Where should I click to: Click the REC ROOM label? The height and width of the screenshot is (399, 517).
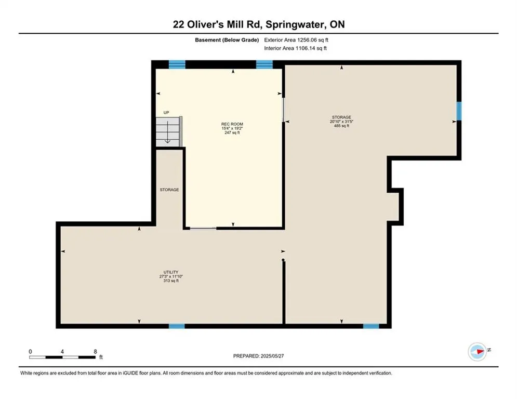pyautogui.click(x=232, y=124)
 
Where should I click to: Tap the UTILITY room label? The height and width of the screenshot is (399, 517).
pyautogui.click(x=171, y=272)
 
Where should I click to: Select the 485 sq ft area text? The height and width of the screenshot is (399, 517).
pyautogui.click(x=341, y=126)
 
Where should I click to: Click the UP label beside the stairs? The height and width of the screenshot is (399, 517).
pyautogui.click(x=166, y=112)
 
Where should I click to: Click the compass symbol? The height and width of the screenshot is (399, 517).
pyautogui.click(x=478, y=352)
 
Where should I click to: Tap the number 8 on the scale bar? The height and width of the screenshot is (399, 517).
pyautogui.click(x=95, y=352)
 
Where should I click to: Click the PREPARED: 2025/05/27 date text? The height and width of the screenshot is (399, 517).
pyautogui.click(x=259, y=356)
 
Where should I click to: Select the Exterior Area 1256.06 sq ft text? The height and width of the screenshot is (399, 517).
pyautogui.click(x=296, y=40)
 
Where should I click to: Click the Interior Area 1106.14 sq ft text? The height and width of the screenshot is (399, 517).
pyautogui.click(x=296, y=48)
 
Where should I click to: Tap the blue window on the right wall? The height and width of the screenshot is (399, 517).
pyautogui.click(x=459, y=111)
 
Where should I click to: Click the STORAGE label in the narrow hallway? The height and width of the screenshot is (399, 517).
pyautogui.click(x=169, y=190)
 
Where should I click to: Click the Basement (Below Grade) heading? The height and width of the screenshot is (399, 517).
pyautogui.click(x=227, y=40)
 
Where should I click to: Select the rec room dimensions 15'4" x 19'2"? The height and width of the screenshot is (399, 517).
pyautogui.click(x=232, y=128)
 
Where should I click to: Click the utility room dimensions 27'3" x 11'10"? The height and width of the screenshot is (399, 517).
pyautogui.click(x=171, y=276)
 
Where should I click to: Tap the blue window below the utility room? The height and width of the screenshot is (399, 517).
pyautogui.click(x=177, y=326)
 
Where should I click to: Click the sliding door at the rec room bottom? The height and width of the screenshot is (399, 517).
pyautogui.click(x=203, y=228)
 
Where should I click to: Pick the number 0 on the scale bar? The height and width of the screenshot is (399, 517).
pyautogui.click(x=30, y=352)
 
